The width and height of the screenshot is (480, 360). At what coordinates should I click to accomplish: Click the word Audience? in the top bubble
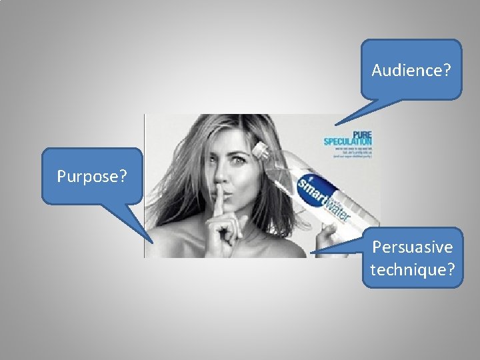[x=411, y=69]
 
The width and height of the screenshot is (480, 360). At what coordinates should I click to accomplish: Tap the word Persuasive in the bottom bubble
[x=412, y=247]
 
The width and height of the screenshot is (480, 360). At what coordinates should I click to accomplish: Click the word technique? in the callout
[x=412, y=269]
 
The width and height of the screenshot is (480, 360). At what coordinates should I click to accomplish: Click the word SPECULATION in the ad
[x=347, y=141]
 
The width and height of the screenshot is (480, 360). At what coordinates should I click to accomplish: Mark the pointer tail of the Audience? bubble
[x=347, y=118]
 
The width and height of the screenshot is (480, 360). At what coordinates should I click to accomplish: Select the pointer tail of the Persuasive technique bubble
[x=320, y=251]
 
